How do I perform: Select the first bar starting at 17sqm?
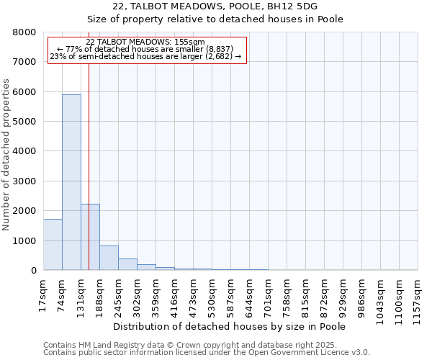pyautogui.click(x=53, y=245)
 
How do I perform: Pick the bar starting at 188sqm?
pyautogui.click(x=109, y=258)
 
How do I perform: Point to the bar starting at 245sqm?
pyautogui.click(x=127, y=264)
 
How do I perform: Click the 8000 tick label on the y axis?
pyautogui.click(x=25, y=32)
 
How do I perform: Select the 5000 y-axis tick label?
pyautogui.click(x=25, y=122)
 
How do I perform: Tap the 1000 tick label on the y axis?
pyautogui.click(x=25, y=240)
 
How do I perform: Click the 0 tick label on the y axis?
pyautogui.click(x=33, y=271)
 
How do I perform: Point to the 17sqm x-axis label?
pyautogui.click(x=44, y=292)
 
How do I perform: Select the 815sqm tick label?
pyautogui.click(x=306, y=294)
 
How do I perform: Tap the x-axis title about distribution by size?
pyautogui.click(x=230, y=327)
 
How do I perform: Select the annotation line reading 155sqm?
pyautogui.click(x=146, y=42)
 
